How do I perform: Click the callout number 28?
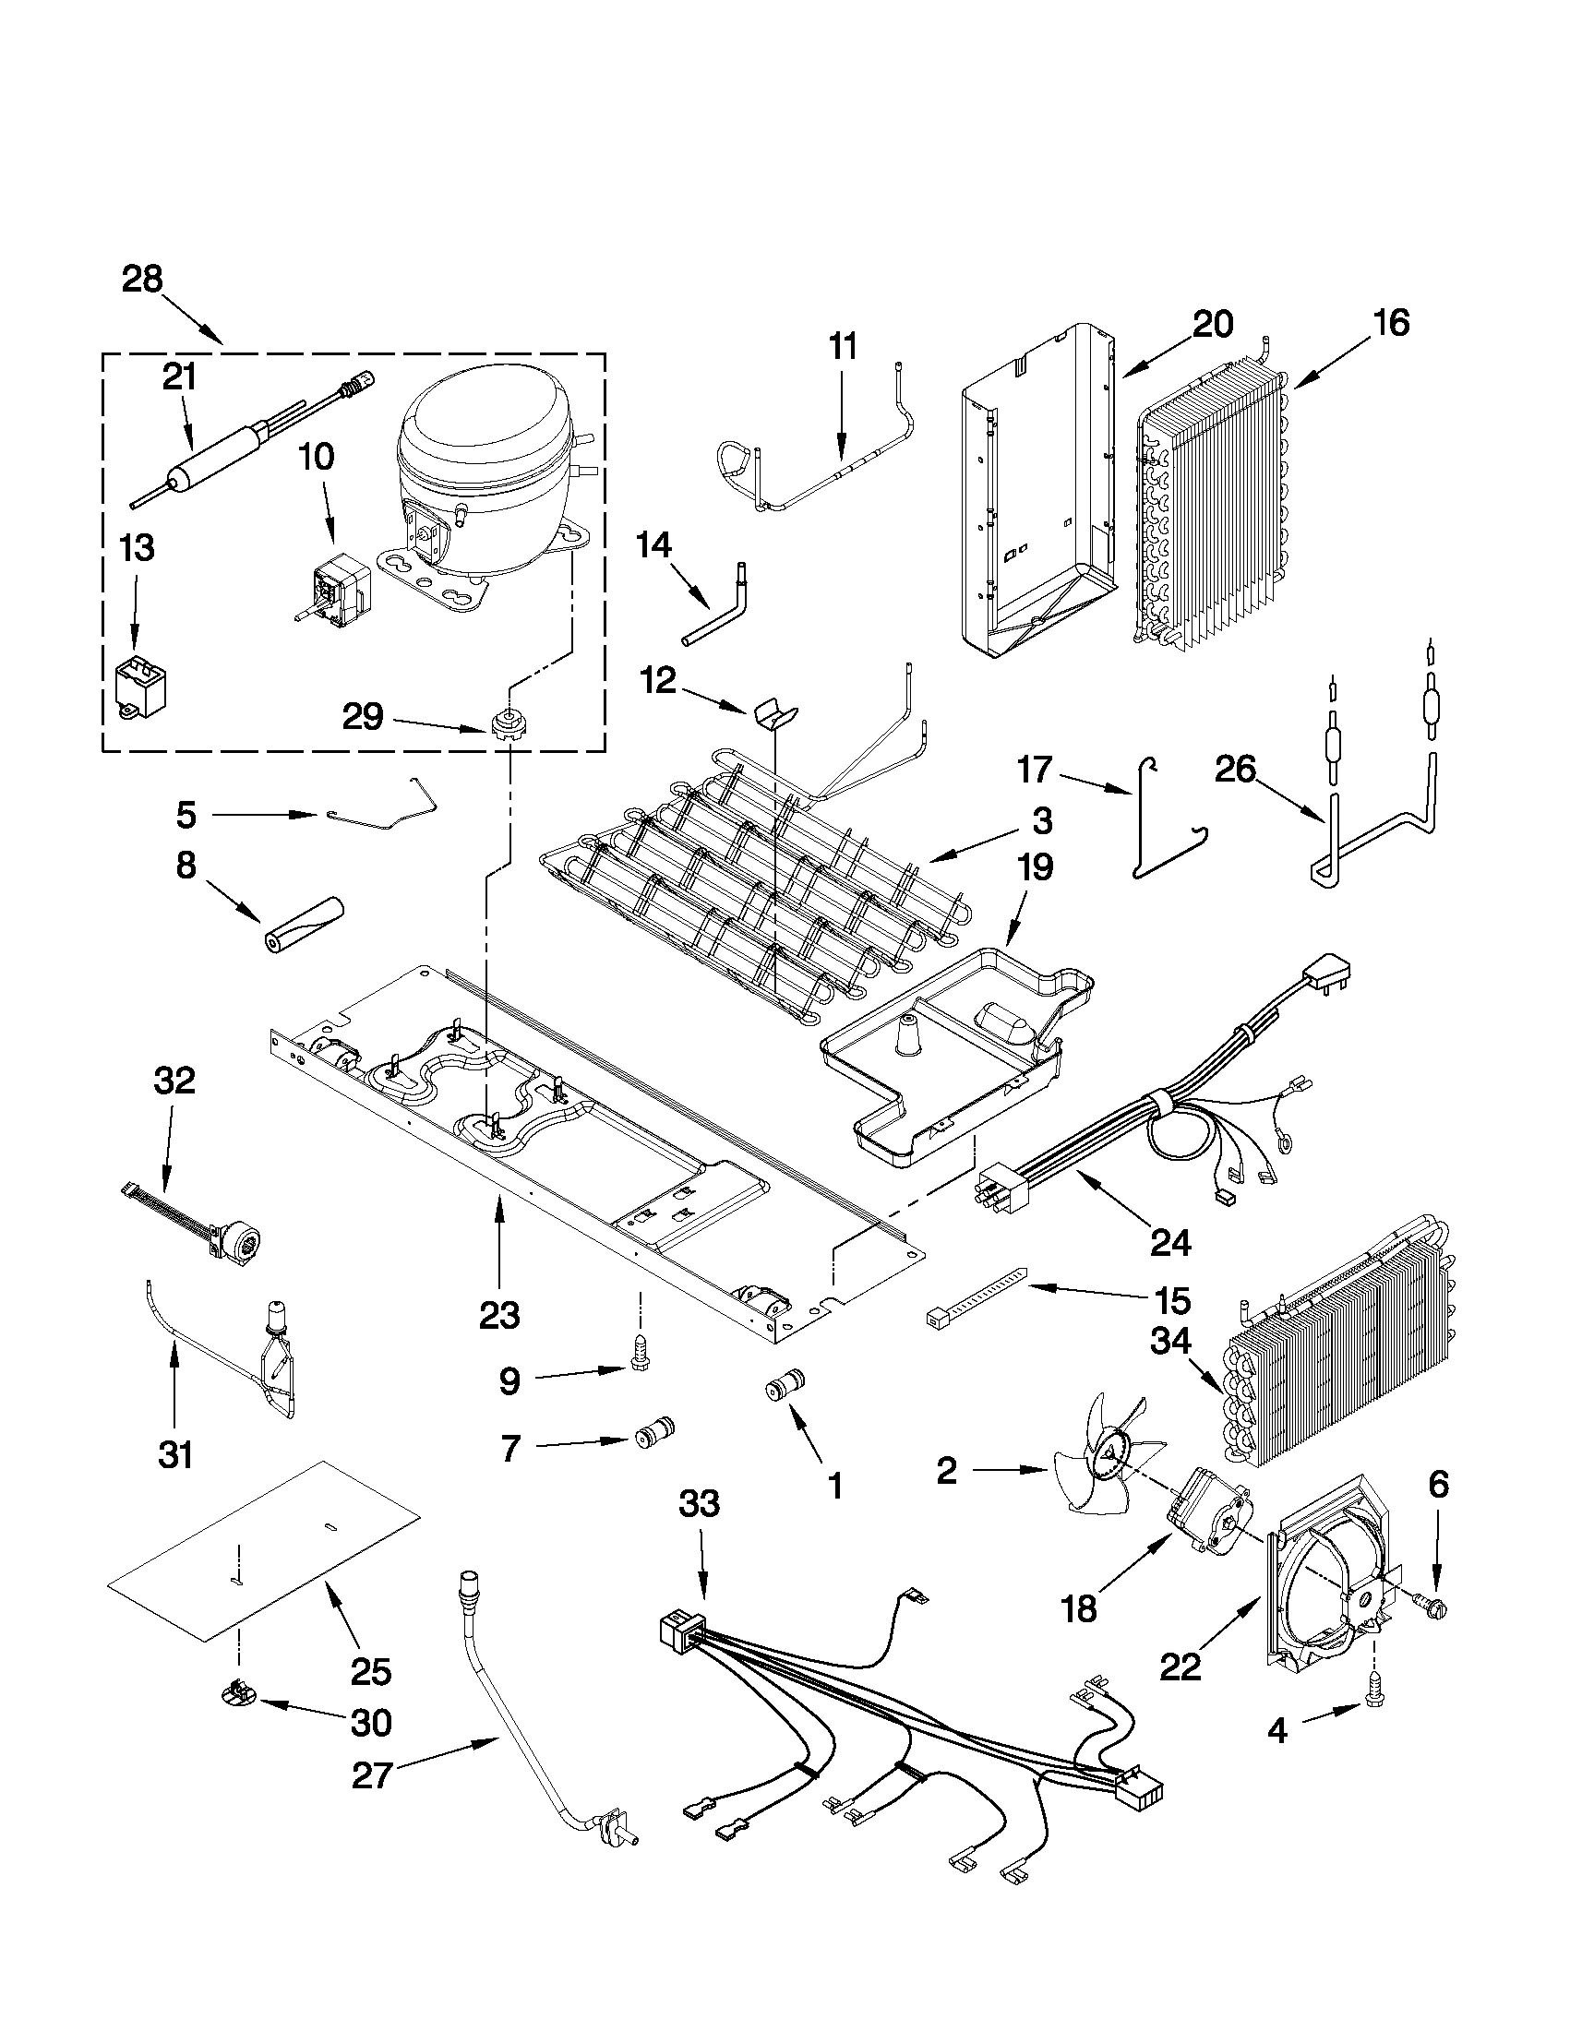142,278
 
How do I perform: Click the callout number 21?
179,376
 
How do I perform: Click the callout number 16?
1392,323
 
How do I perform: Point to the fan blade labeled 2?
1107,1468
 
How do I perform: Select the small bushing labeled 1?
783,1388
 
